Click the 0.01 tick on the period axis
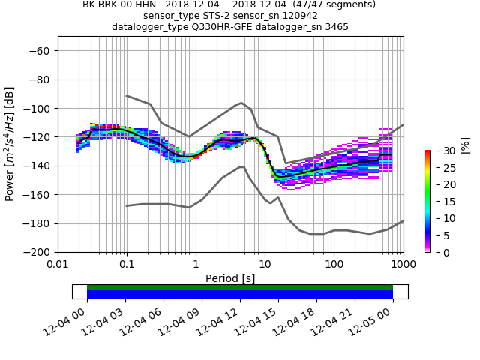[x=58, y=264]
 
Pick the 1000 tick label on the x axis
[x=403, y=264]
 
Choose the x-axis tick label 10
[x=265, y=264]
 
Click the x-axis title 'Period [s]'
[x=230, y=278]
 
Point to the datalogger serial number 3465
[x=336, y=27]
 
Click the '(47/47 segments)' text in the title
[x=333, y=4]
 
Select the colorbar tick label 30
[x=442, y=151]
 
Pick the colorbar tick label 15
[x=442, y=202]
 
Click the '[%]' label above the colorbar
[x=465, y=142]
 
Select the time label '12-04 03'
[x=103, y=320]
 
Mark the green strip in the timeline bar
[x=240, y=287]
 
